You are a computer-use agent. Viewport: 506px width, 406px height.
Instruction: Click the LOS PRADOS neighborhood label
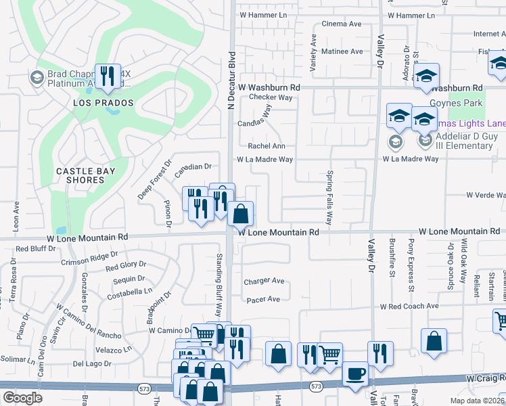coord(103,103)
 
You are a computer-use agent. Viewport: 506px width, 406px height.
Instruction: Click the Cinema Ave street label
coord(342,24)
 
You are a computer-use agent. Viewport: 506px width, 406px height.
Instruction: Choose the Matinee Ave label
coord(342,51)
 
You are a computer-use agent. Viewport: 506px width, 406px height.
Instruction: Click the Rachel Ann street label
coord(267,145)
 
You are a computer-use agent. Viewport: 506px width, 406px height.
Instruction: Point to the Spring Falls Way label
coord(330,197)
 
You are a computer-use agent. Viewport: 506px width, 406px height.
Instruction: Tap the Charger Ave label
coord(264,281)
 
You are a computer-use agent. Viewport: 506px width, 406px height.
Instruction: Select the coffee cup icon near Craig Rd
coord(355,374)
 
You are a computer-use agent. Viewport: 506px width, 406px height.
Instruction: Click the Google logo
coord(22,397)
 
